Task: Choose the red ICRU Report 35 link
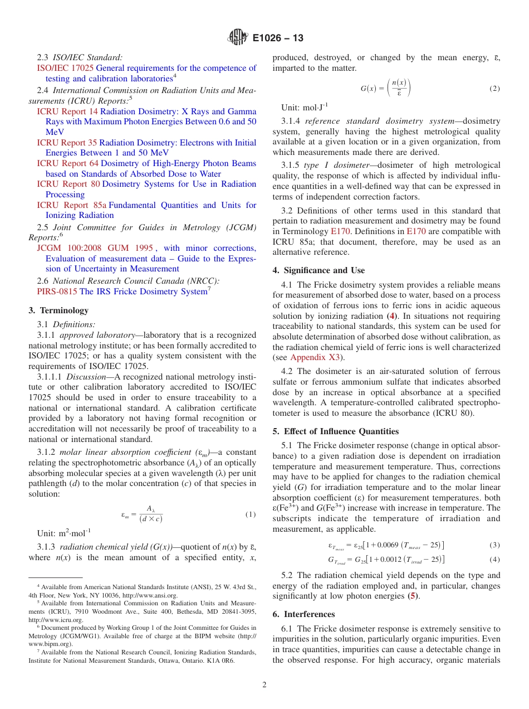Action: (67, 143)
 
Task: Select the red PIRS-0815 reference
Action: (57, 292)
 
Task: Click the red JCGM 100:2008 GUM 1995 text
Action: (95, 248)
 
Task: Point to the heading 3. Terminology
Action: (58, 310)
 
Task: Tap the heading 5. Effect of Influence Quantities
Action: (335, 431)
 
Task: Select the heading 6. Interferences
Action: (303, 614)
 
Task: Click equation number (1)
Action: (250, 514)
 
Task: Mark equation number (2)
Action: (494, 89)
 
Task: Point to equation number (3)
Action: (494, 545)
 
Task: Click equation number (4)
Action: (494, 560)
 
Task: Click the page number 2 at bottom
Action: (264, 685)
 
